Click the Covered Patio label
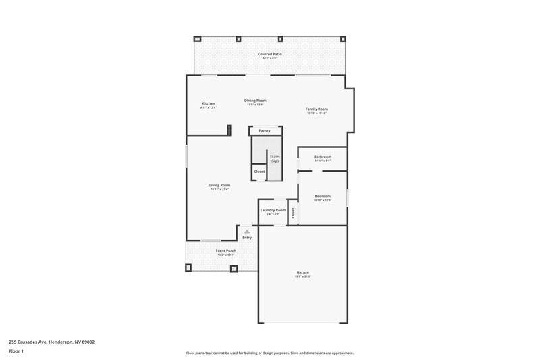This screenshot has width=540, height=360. [269, 53]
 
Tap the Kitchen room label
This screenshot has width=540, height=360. [208, 103]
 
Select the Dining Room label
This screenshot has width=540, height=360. [255, 100]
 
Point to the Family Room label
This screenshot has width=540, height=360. [317, 109]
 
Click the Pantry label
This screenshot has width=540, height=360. [264, 130]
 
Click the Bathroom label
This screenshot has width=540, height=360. [323, 157]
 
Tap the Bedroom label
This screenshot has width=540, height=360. [323, 196]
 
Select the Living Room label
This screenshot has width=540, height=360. [219, 185]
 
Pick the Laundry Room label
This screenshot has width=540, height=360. [273, 210]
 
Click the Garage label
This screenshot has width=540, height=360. [302, 272]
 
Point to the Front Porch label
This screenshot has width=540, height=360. [225, 251]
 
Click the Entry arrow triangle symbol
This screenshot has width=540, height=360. [247, 231]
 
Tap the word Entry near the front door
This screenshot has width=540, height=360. [247, 237]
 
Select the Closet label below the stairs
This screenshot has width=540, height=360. [259, 172]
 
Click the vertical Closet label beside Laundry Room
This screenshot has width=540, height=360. [294, 213]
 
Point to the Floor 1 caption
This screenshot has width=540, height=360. [16, 352]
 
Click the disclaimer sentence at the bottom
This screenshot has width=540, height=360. [269, 353]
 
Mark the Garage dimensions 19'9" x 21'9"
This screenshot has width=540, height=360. [302, 276]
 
